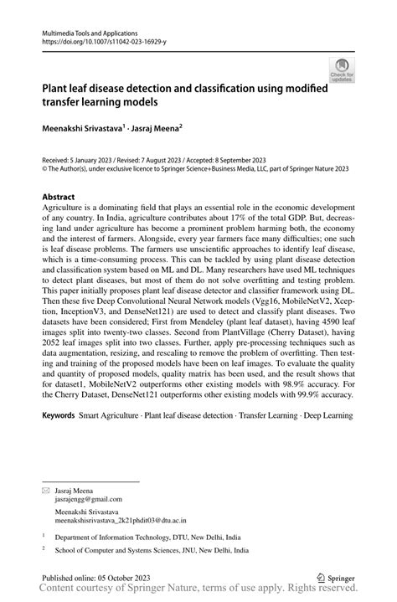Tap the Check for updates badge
(x=343, y=69)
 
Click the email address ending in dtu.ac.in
(x=126, y=517)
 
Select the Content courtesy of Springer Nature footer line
(x=198, y=591)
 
